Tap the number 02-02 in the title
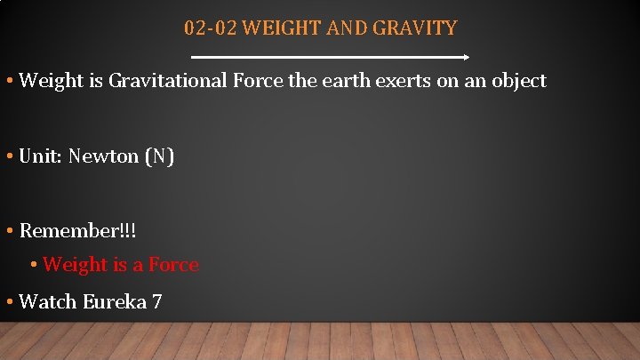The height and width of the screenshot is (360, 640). tap(210, 28)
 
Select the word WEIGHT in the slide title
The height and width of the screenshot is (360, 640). tap(272, 28)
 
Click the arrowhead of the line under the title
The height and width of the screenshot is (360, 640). tap(464, 57)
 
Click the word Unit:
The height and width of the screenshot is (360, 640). tap(41, 156)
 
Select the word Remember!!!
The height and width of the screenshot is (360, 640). tap(78, 231)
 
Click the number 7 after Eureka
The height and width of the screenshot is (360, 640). tap(156, 301)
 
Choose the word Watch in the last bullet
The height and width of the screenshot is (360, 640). tap(48, 301)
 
